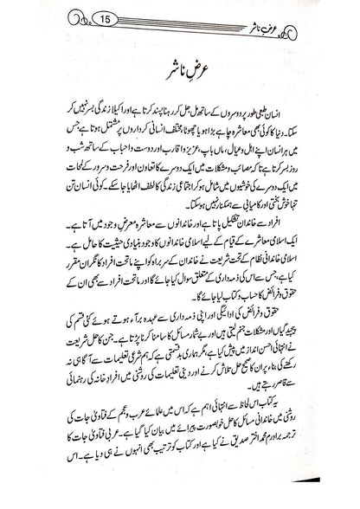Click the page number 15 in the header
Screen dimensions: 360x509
point(94,18)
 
